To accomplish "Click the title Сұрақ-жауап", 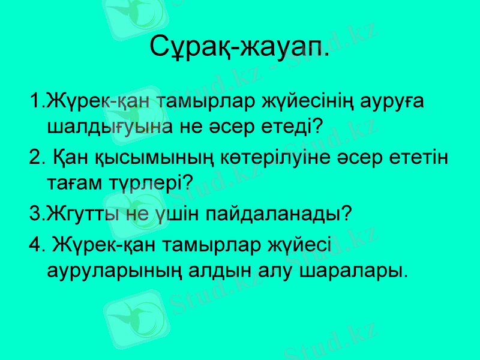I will [239, 45].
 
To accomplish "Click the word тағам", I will [77, 184].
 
